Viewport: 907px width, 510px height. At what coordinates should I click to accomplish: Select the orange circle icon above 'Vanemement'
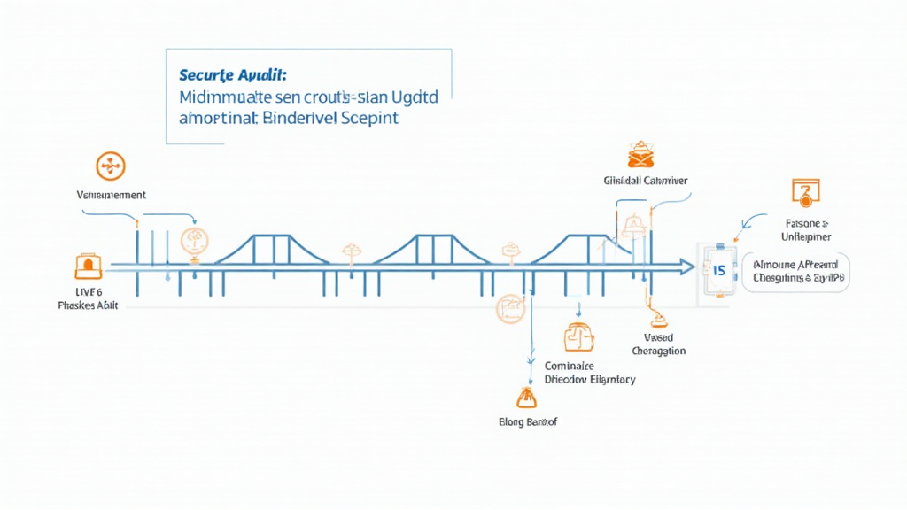click(x=111, y=166)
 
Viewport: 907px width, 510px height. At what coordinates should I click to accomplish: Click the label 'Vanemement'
click(x=112, y=195)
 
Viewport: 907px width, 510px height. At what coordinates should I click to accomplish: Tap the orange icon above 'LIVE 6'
click(x=89, y=266)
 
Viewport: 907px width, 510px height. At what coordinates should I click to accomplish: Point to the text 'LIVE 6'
click(x=88, y=291)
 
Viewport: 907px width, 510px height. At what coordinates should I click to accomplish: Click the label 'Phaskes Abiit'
click(x=88, y=305)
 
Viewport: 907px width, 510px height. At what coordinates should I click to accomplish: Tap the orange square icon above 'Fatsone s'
click(x=805, y=190)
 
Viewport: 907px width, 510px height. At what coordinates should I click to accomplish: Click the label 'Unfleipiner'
click(x=805, y=236)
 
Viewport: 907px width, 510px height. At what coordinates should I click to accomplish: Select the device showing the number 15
click(x=717, y=269)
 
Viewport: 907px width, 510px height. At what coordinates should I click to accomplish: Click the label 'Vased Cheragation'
click(x=659, y=344)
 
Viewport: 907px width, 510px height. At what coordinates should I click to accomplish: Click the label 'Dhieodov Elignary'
click(x=589, y=379)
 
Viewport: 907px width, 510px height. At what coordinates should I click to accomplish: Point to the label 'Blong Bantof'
click(x=528, y=421)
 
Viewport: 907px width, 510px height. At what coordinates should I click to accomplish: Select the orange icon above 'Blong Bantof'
click(x=526, y=398)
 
